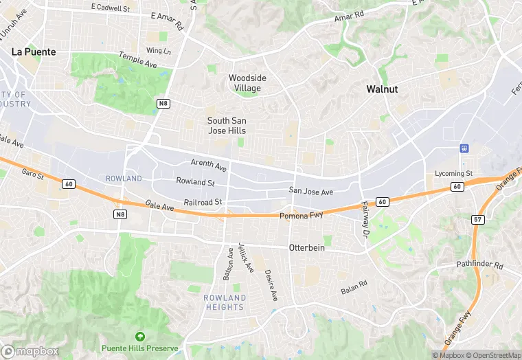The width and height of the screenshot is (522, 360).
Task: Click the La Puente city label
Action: tap(34, 52)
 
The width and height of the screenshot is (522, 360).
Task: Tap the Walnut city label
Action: tap(383, 89)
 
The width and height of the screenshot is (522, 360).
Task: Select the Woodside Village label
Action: tap(247, 83)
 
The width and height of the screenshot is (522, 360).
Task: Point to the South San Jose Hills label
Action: tap(227, 126)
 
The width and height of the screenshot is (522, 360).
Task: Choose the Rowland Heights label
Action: tap(225, 302)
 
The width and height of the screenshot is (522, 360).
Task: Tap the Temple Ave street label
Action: tap(141, 60)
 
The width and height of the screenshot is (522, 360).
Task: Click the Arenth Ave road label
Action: tap(209, 166)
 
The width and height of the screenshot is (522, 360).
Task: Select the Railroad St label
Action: tap(203, 202)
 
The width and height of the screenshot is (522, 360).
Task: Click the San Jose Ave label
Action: tap(310, 192)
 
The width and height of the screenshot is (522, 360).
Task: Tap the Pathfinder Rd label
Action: tap(480, 265)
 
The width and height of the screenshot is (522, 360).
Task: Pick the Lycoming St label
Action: tap(454, 174)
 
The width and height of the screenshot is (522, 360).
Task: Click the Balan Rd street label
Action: tap(354, 286)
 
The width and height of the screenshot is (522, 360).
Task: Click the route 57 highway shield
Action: tap(477, 219)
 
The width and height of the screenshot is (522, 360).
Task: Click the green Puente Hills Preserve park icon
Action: tap(140, 337)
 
